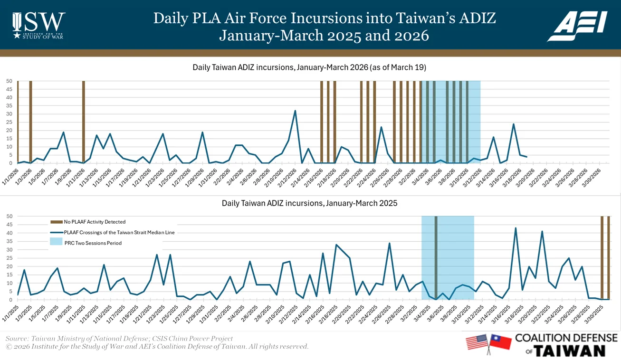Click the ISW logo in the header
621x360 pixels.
[38, 25]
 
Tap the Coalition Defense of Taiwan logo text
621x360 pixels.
[565, 345]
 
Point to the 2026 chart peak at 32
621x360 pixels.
[295, 111]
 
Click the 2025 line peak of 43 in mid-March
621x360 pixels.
[516, 228]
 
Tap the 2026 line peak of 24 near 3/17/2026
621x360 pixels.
[513, 124]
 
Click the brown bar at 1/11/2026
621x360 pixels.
[84, 122]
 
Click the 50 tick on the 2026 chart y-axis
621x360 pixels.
[9, 81]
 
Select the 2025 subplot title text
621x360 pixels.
[309, 203]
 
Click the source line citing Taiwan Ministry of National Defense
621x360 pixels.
[119, 339]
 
